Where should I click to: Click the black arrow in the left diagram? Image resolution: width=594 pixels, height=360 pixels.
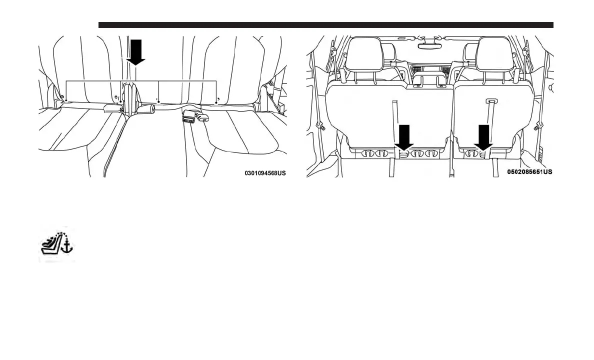click(135, 52)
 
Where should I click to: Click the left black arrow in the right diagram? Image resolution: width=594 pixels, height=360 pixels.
click(404, 137)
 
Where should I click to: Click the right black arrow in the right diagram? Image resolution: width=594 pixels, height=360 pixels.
click(483, 137)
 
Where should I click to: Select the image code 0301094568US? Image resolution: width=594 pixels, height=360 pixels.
click(265, 173)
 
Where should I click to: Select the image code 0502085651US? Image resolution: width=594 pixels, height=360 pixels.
click(529, 171)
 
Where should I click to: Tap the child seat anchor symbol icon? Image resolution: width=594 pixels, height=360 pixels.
click(56, 245)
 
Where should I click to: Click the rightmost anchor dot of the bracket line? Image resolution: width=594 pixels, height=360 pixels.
click(216, 103)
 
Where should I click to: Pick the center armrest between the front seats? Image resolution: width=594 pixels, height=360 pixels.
click(429, 81)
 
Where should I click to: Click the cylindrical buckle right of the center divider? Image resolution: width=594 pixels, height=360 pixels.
click(146, 108)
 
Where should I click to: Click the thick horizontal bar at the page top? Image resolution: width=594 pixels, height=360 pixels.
click(325, 25)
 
